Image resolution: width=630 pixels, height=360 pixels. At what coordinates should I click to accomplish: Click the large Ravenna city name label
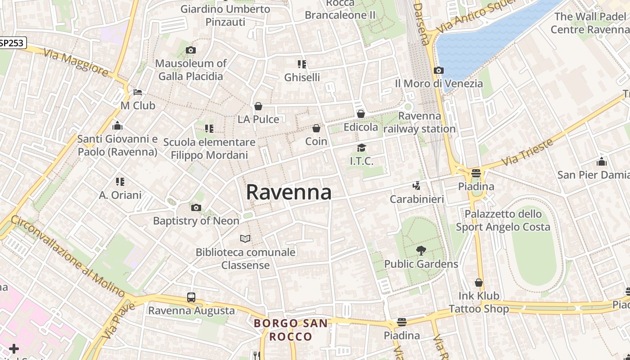[288, 192]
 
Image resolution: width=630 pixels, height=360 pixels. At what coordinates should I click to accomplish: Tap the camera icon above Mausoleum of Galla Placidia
[191, 50]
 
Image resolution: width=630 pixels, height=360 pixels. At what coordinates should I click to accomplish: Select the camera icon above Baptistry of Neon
[196, 207]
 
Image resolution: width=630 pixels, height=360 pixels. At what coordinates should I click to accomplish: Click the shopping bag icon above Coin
[316, 128]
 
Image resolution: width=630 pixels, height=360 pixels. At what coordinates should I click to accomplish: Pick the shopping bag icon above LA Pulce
[258, 106]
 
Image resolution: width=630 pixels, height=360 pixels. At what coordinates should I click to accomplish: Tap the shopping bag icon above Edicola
[361, 114]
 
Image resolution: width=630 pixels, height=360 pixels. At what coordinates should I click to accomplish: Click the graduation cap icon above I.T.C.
[361, 148]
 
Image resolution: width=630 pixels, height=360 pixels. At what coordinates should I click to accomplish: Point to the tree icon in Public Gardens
[421, 250]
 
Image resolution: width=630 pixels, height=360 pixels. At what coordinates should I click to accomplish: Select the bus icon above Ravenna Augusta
[191, 297]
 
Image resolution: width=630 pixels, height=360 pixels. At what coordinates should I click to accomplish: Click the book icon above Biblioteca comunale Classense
[245, 238]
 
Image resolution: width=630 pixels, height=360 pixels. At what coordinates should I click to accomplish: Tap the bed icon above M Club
[138, 92]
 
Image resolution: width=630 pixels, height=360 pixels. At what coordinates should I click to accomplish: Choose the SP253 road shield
[13, 43]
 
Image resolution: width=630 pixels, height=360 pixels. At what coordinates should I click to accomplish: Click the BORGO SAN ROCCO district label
[290, 330]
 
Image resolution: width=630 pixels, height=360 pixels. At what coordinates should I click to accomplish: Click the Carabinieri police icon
[417, 185]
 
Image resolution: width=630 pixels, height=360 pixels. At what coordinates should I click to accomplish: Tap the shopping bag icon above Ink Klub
[479, 283]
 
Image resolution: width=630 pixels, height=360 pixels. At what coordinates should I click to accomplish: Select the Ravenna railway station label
[419, 122]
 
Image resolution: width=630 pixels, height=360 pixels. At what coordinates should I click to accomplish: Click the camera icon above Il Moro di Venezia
[439, 70]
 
